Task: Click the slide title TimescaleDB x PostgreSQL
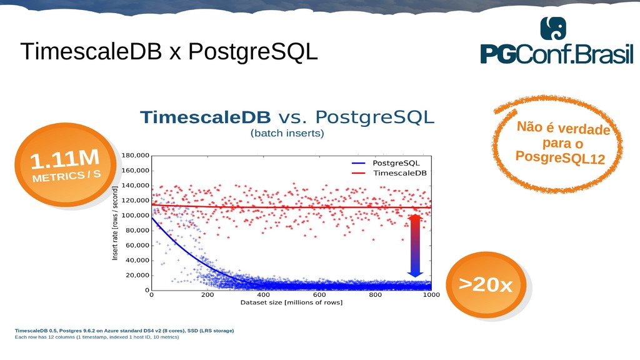(x=169, y=52)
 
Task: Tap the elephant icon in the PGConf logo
(x=553, y=29)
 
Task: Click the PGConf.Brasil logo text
(x=557, y=54)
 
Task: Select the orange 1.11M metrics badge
(x=65, y=164)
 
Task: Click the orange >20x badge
(x=486, y=284)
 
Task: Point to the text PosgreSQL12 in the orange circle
(x=560, y=157)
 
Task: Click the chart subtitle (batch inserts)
(x=287, y=134)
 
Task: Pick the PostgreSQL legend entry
(x=386, y=163)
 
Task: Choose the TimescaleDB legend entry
(x=389, y=173)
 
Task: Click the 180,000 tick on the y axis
(x=136, y=156)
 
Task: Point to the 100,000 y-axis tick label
(x=136, y=216)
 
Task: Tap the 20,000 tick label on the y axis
(x=137, y=276)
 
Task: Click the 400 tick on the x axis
(x=263, y=295)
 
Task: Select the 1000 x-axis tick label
(x=431, y=295)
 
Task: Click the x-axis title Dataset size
(x=291, y=302)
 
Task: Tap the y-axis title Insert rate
(x=115, y=223)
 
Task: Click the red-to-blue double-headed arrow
(x=415, y=246)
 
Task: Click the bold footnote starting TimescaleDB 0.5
(x=124, y=331)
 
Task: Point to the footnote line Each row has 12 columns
(x=97, y=337)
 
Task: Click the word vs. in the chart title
(x=292, y=117)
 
